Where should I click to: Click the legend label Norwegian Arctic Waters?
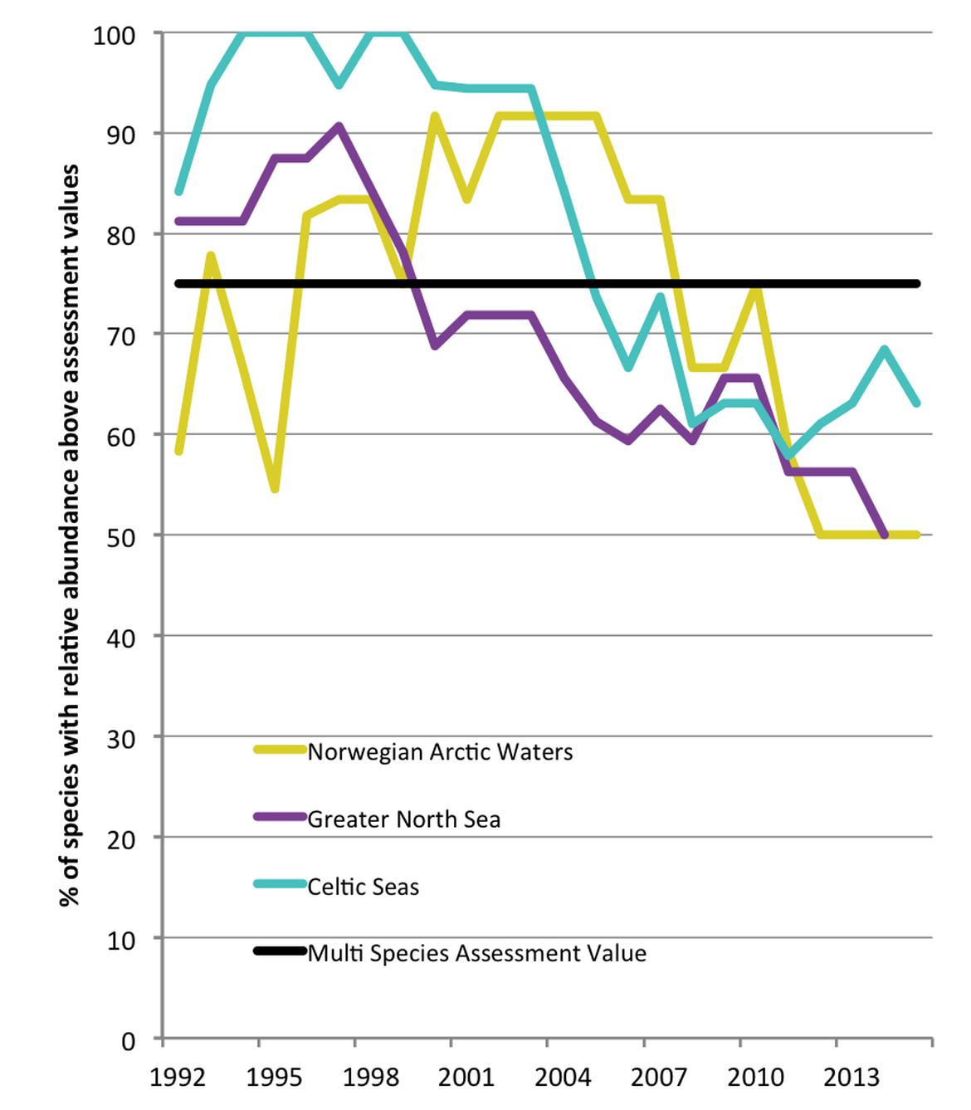click(440, 752)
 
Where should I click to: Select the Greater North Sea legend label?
click(404, 819)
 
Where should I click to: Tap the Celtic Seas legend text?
click(364, 887)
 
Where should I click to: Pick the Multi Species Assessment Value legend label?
click(476, 953)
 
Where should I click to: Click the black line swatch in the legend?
click(280, 951)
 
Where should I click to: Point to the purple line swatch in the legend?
click(280, 817)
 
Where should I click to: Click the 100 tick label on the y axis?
click(115, 36)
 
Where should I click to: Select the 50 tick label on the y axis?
click(121, 538)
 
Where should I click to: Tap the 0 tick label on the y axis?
click(128, 1041)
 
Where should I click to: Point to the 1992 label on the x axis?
click(178, 1078)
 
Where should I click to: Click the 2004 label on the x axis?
click(563, 1078)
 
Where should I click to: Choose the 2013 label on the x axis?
click(851, 1078)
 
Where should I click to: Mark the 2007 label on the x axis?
click(659, 1078)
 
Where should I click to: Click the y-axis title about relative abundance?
click(70, 535)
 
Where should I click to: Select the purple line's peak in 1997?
click(339, 126)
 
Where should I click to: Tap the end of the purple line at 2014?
click(885, 535)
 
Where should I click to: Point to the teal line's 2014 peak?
click(885, 350)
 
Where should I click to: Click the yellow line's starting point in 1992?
click(179, 451)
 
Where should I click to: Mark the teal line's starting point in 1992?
click(179, 192)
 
